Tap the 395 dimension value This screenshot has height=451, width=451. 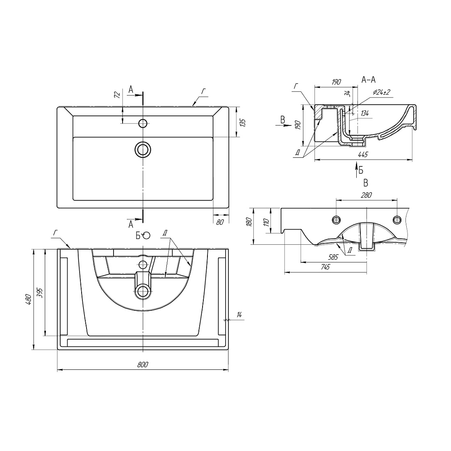click(40, 292)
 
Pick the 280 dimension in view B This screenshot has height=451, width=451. click(366, 195)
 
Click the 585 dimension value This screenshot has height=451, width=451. click(333, 257)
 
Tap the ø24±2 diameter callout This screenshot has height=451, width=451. click(381, 93)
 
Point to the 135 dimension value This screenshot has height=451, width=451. click(242, 122)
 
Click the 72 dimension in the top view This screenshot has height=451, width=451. click(117, 95)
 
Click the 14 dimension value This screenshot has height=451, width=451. click(239, 315)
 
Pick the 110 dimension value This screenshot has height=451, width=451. click(266, 222)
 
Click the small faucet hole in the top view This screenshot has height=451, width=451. click(143, 123)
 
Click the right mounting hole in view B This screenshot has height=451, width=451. click(396, 220)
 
